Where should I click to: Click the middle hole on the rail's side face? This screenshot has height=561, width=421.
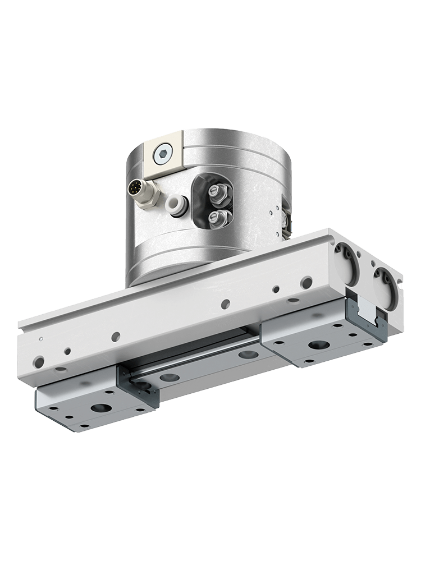(x=225, y=304)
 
